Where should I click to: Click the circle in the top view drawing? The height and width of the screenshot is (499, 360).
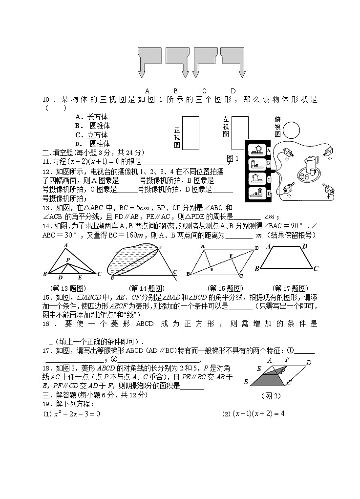(x=292, y=130)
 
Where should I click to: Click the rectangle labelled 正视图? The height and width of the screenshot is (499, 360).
(x=191, y=133)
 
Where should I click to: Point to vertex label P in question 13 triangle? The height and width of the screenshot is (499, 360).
(x=68, y=260)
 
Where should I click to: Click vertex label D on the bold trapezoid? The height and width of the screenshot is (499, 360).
(x=305, y=246)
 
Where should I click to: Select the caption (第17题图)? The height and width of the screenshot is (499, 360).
(x=290, y=288)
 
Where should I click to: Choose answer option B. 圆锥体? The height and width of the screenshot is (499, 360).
(x=92, y=126)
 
